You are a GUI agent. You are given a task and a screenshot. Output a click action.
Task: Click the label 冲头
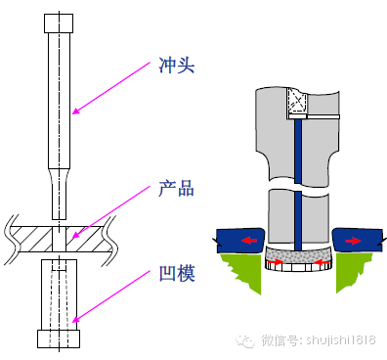(176, 67)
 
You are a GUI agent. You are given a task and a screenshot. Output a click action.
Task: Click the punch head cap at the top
(57, 22)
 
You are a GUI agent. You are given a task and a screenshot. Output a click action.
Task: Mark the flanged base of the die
(57, 338)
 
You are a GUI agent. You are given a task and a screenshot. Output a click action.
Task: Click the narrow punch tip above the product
(57, 201)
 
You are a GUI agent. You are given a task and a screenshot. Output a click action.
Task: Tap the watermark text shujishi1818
(337, 340)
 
